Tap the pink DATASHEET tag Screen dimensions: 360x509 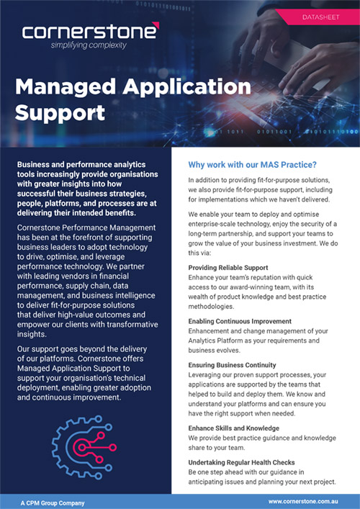[318, 16]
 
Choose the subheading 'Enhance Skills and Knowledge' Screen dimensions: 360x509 [235, 428]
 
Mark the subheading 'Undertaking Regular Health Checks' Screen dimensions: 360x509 [243, 461]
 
